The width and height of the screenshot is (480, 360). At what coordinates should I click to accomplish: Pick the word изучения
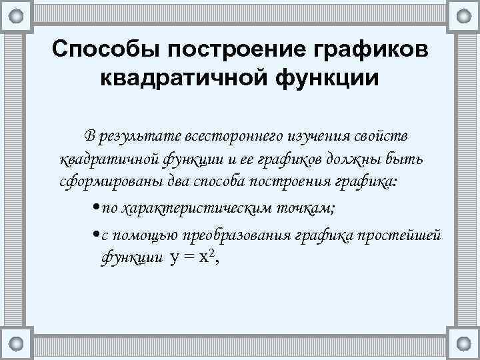tap(317, 137)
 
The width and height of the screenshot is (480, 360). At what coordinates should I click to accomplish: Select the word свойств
tap(383, 137)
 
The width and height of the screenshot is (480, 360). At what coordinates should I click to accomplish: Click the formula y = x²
tap(193, 257)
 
